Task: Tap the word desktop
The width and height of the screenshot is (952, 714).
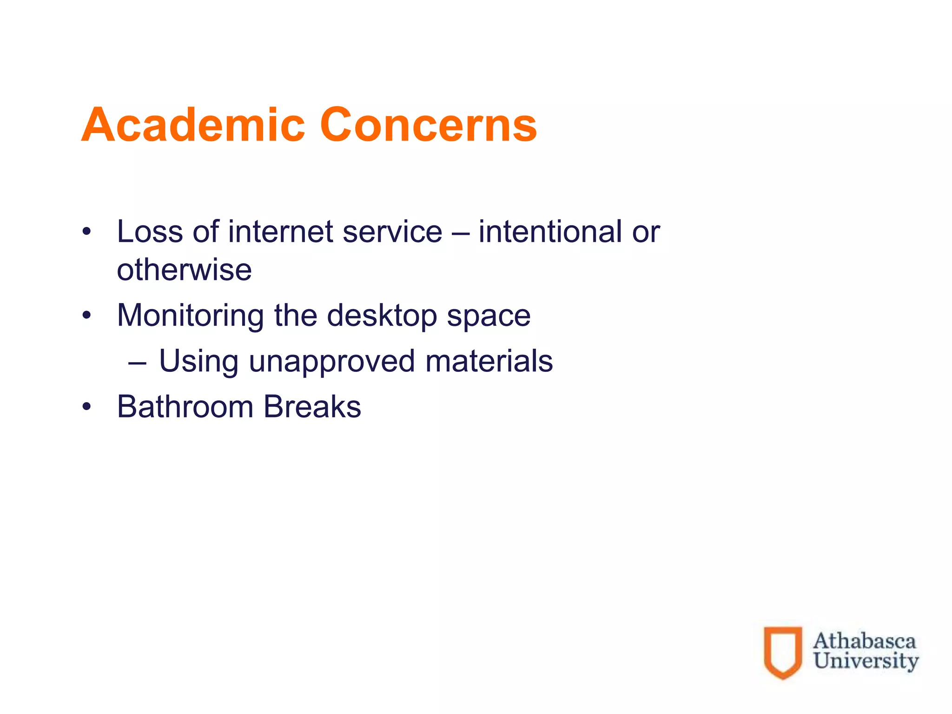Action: click(x=382, y=316)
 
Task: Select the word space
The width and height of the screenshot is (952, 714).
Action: click(x=489, y=316)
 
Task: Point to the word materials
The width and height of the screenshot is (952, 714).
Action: click(x=489, y=361)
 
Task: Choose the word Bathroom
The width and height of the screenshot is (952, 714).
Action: click(x=185, y=406)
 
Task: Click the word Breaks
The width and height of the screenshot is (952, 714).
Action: click(x=312, y=406)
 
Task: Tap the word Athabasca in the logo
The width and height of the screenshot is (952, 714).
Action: click(x=864, y=641)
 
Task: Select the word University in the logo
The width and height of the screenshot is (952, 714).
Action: click(x=866, y=661)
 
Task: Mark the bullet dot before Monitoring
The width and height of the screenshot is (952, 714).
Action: click(x=86, y=316)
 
